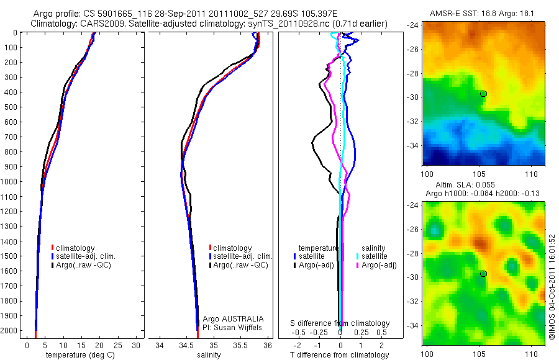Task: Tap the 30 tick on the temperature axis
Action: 137,345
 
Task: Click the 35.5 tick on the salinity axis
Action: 241,345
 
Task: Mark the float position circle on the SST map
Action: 483,94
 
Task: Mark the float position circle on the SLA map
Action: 483,274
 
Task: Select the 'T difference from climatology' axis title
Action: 339,355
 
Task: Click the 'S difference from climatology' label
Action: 340,323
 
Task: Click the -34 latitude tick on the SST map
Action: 414,145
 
